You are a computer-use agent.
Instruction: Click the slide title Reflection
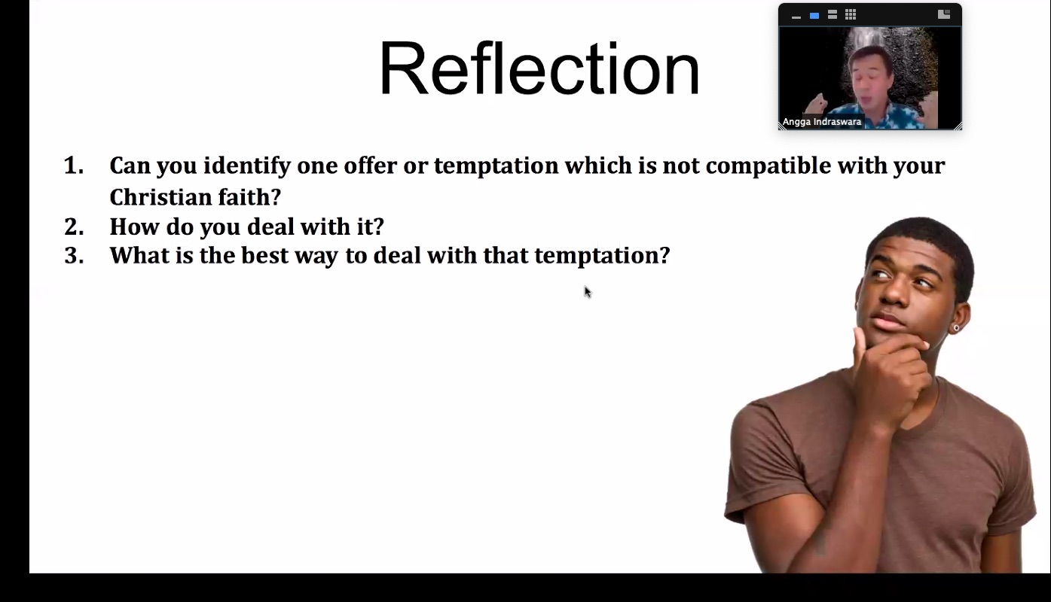539,69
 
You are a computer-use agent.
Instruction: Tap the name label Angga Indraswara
821,122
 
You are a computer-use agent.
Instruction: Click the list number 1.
74,166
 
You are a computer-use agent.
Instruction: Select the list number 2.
74,227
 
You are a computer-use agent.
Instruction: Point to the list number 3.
74,256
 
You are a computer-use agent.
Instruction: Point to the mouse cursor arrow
588,292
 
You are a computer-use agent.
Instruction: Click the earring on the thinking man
956,328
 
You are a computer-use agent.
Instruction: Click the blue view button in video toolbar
814,16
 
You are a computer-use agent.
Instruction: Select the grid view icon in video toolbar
851,15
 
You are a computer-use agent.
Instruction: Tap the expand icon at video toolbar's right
944,14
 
